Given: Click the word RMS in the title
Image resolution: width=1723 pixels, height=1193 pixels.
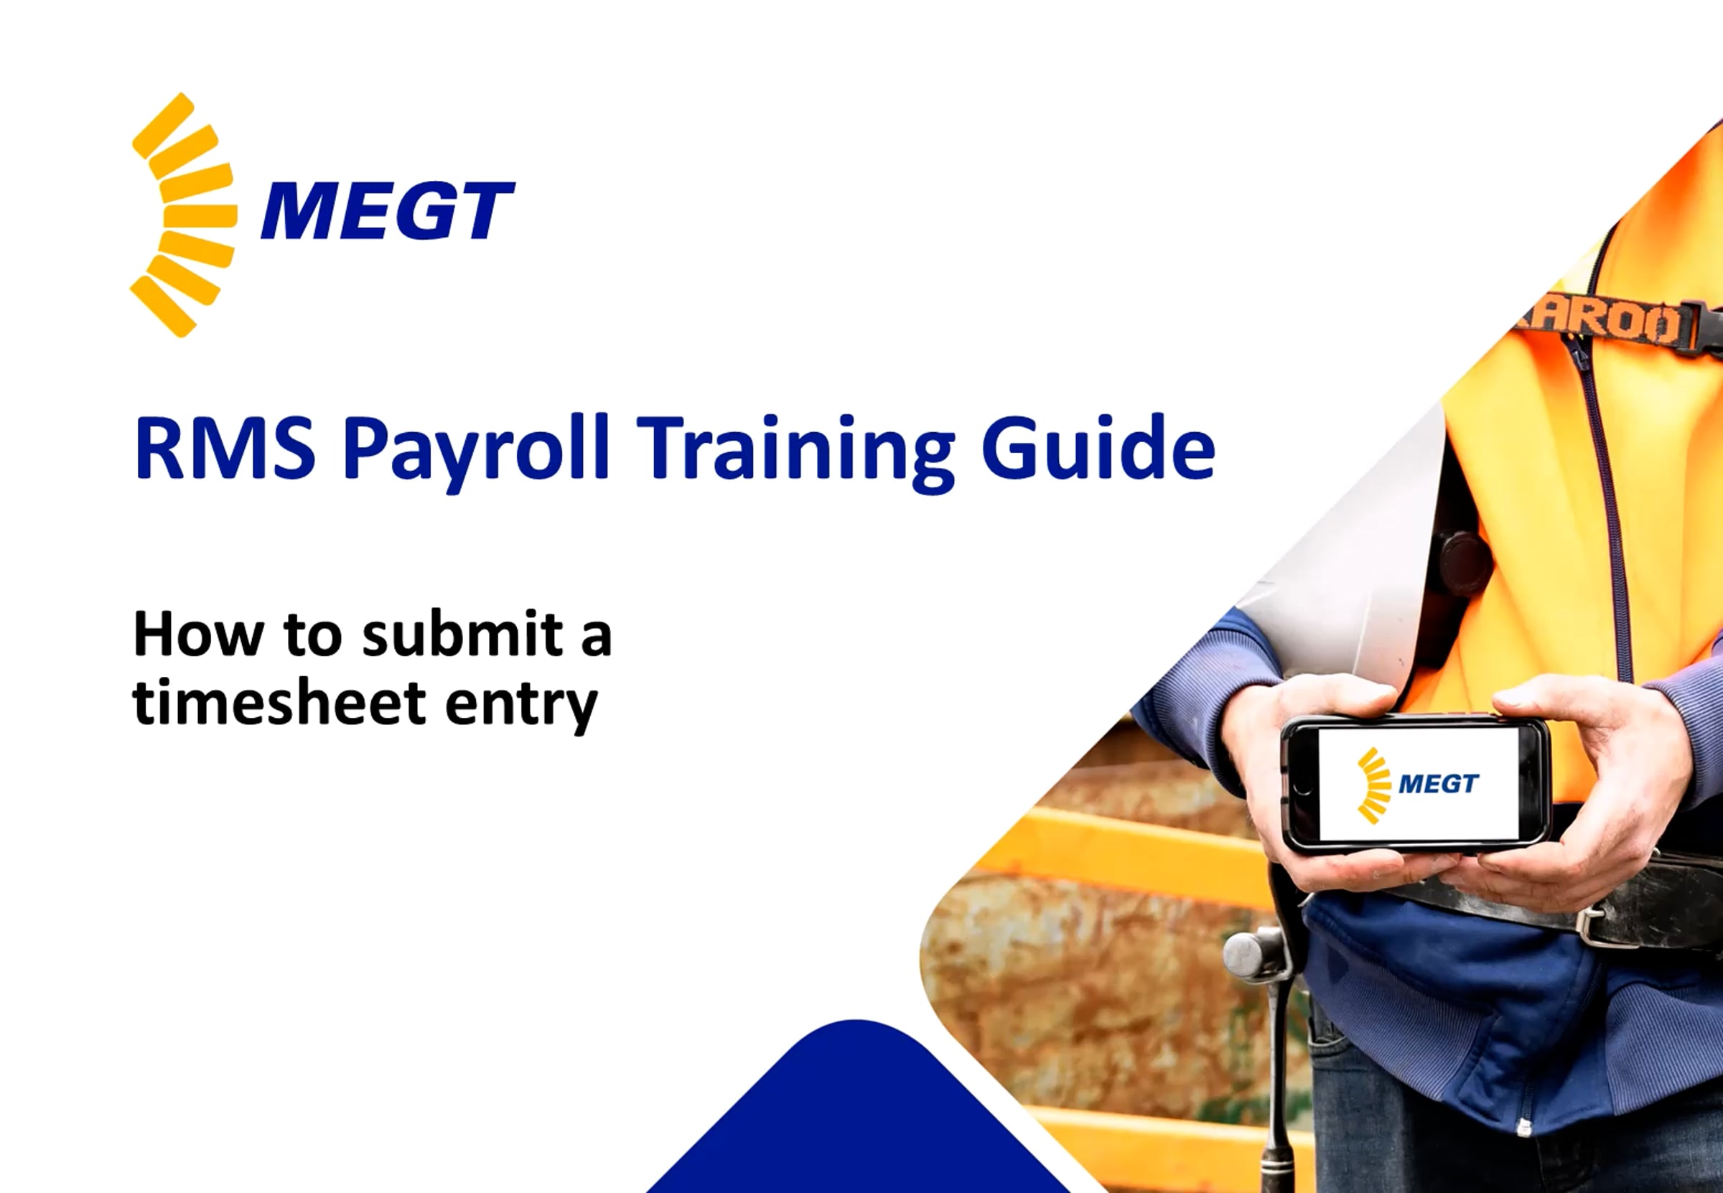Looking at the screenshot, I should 224,449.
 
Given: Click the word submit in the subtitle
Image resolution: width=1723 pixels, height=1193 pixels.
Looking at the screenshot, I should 462,635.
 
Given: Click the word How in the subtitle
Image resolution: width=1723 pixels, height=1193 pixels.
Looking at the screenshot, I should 198,635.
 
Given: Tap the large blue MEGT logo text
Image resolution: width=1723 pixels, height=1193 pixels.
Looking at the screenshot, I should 387,211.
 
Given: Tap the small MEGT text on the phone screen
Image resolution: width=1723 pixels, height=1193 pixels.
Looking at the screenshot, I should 1438,783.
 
